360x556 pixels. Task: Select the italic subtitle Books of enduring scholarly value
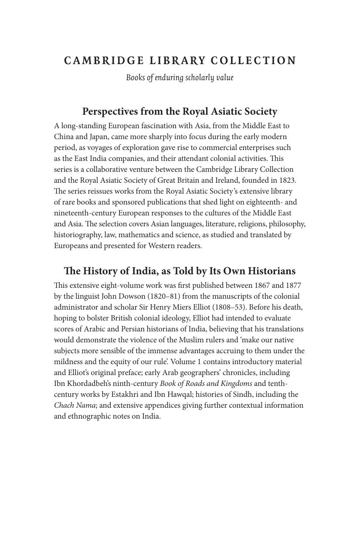tap(180, 78)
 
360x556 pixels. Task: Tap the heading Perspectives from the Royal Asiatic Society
tap(180, 112)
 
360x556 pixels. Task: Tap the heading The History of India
tap(180, 271)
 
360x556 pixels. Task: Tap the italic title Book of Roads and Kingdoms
tap(206, 383)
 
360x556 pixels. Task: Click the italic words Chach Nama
tap(75, 405)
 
